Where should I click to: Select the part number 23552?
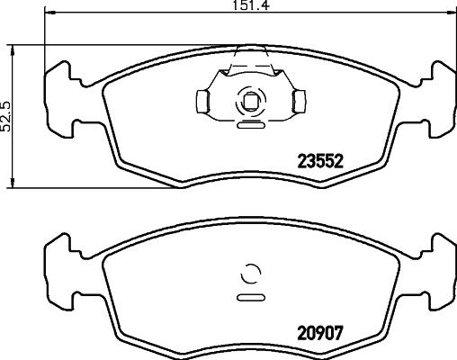pyautogui.click(x=321, y=163)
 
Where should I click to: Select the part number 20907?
pyautogui.click(x=321, y=329)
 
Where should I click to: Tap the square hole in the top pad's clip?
pyautogui.click(x=249, y=101)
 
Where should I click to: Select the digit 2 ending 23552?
pyautogui.click(x=342, y=163)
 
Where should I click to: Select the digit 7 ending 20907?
pyautogui.click(x=342, y=329)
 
